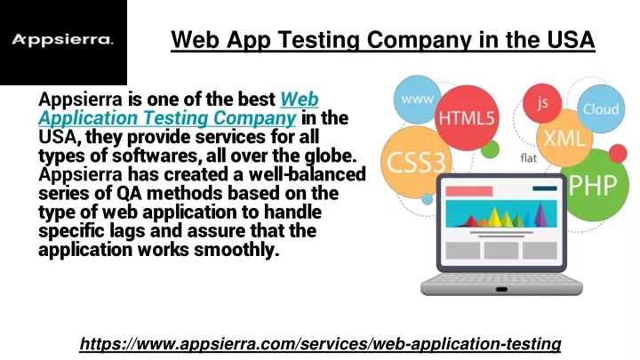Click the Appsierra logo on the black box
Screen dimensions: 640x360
pos(62,40)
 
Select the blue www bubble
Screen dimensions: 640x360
pos(417,100)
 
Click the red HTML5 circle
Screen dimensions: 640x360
pos(466,117)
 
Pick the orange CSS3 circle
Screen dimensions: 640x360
pos(416,162)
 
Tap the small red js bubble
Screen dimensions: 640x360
pos(542,103)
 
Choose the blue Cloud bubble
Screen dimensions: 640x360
pos(601,108)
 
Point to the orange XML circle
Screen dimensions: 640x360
pos(564,138)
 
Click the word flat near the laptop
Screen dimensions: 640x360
pos(529,158)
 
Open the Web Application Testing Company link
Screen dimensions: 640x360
pos(179,108)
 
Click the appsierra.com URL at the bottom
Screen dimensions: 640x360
pos(320,344)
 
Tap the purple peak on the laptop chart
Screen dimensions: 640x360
pos(540,214)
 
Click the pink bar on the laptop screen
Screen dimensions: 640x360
pos(469,191)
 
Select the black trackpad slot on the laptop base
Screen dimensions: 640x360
pos(501,290)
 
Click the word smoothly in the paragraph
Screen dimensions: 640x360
pos(236,250)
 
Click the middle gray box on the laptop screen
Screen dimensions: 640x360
pos(501,250)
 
